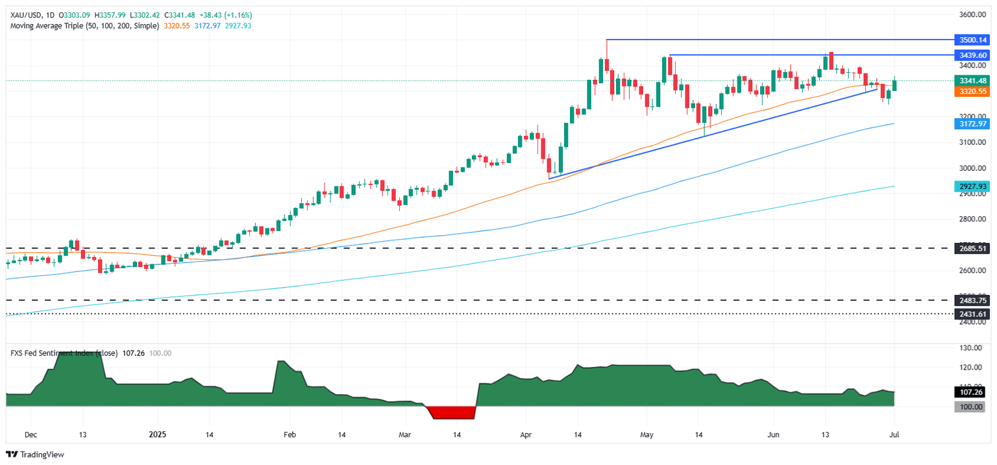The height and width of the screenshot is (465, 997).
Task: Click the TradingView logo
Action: (x=36, y=455)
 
